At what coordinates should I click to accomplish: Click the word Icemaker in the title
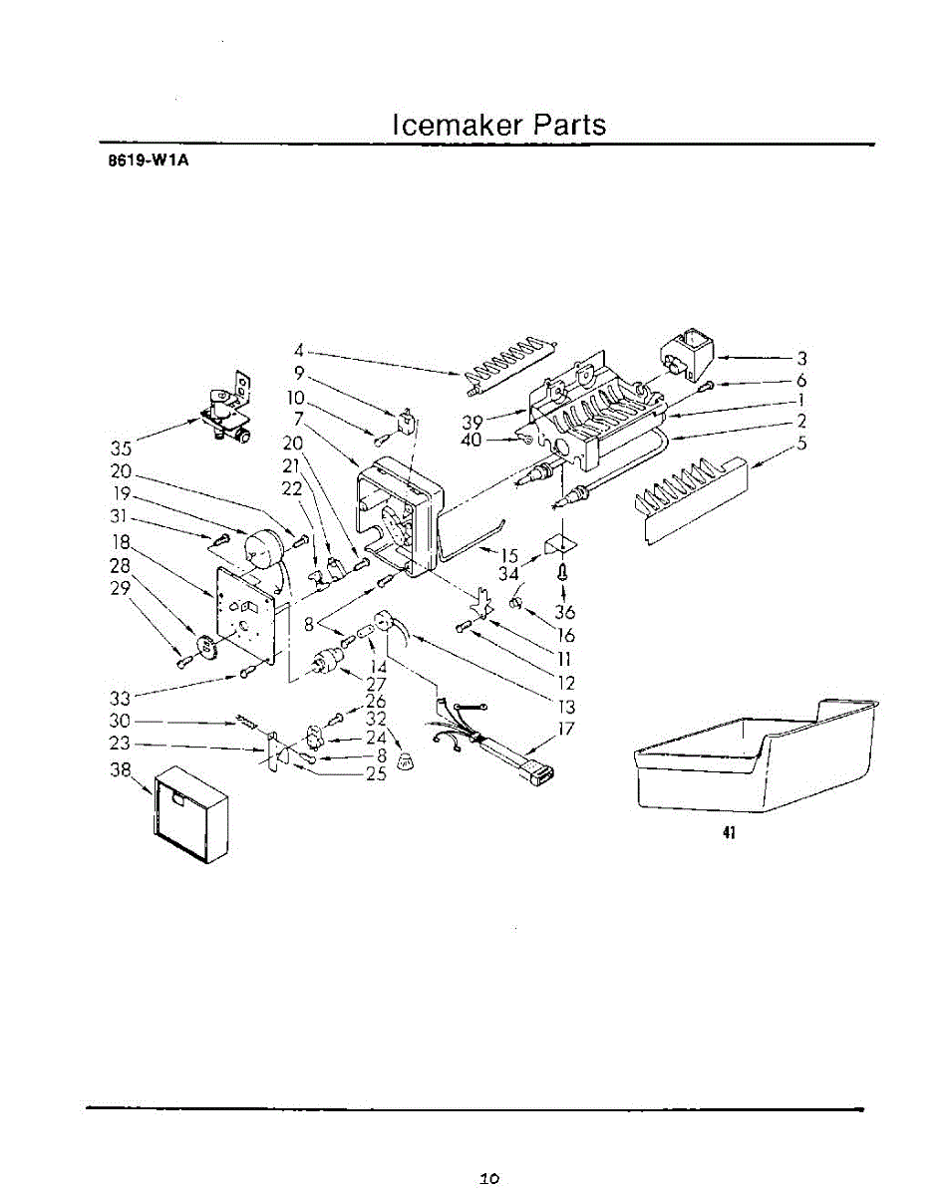pos(456,126)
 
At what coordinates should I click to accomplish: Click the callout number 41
pos(729,834)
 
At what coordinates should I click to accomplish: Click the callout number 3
pos(800,358)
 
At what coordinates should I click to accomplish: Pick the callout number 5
pos(800,445)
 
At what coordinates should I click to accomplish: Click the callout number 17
pos(567,729)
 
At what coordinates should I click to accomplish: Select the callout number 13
pos(567,707)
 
